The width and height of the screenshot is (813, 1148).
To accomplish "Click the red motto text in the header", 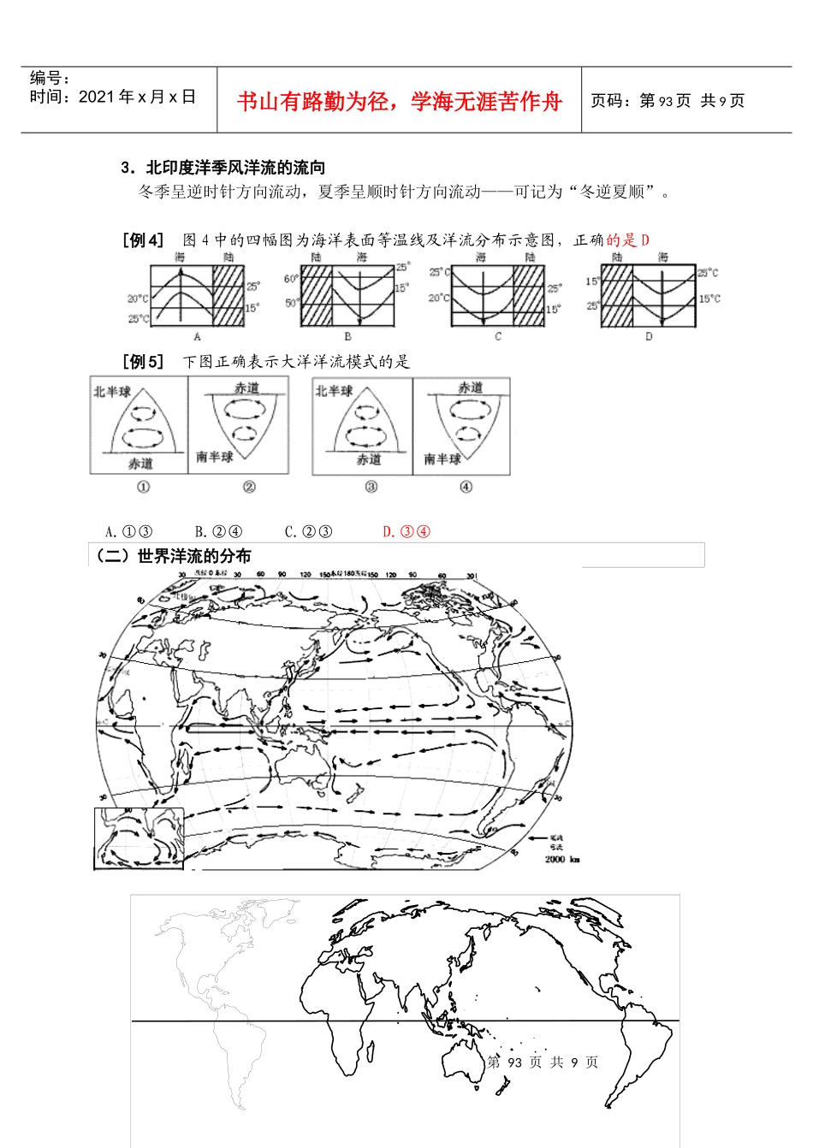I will point(399,102).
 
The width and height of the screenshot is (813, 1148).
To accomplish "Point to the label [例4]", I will point(143,240).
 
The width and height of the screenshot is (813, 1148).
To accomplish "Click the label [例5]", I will point(143,362).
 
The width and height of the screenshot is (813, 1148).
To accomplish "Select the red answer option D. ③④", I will point(406,531).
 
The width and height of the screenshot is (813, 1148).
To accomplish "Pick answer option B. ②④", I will point(218,531).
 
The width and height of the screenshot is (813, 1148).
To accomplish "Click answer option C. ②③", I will point(308,531).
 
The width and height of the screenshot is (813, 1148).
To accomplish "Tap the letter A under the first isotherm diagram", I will point(197,337).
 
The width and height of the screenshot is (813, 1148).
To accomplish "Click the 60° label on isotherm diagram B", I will point(291,279).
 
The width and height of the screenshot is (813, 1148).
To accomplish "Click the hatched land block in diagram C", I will point(528,295).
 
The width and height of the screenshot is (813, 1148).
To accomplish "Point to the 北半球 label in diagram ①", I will point(112,392).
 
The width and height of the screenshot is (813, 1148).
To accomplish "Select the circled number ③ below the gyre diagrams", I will point(371,487).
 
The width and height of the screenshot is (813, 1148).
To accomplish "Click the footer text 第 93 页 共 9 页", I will point(543,1062).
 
